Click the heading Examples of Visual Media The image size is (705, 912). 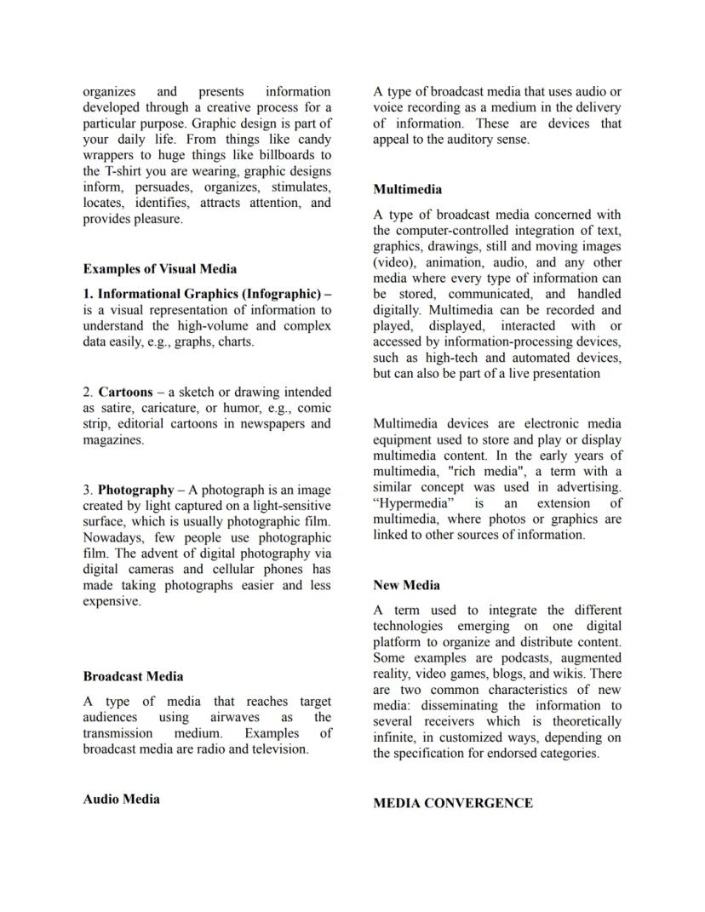160,269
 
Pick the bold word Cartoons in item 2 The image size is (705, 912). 125,393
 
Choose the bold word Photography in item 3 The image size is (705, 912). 135,490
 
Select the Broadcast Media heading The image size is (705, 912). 133,677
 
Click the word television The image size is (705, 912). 278,750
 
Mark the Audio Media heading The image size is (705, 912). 121,800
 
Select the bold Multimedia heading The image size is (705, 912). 407,189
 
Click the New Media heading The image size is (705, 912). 406,585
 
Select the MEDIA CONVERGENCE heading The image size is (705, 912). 452,803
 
